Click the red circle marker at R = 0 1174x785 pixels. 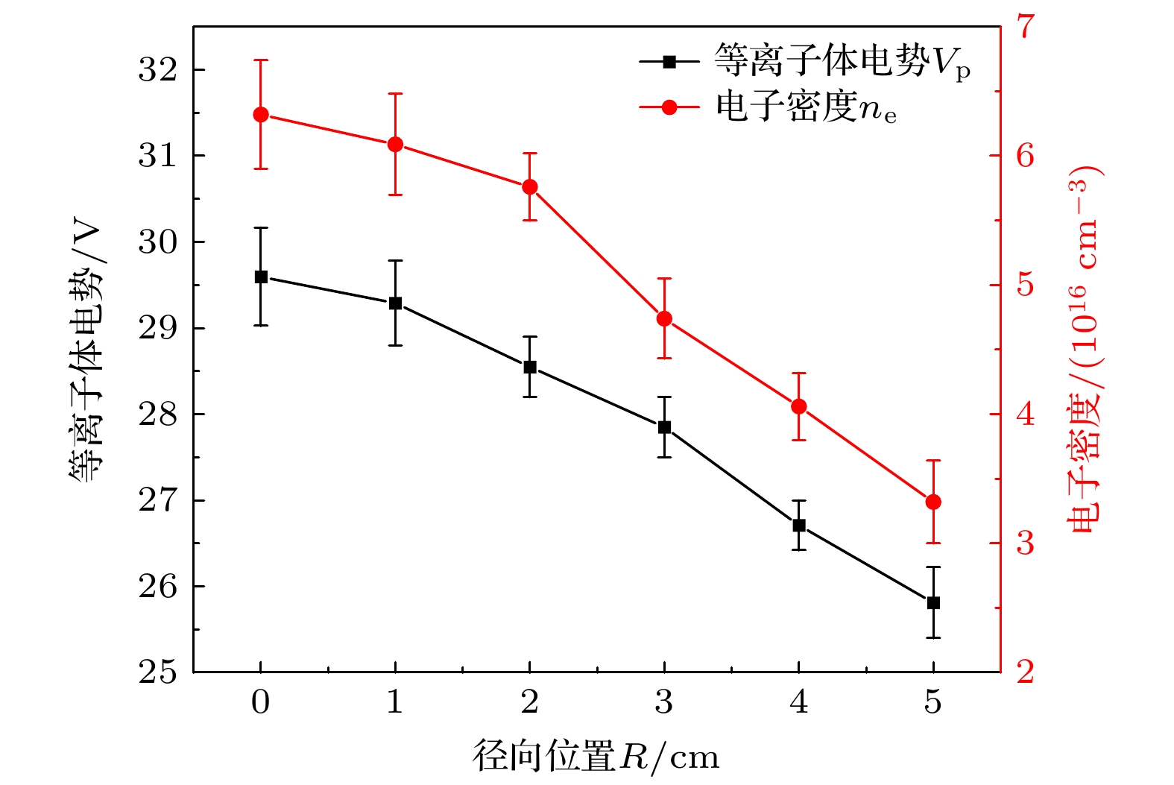pyautogui.click(x=261, y=115)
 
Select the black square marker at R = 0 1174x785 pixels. pyautogui.click(x=261, y=277)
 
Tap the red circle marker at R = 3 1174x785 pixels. pyautogui.click(x=664, y=319)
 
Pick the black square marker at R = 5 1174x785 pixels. pyautogui.click(x=933, y=603)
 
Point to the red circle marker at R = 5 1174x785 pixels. pyautogui.click(x=933, y=502)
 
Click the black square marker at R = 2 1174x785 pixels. pyautogui.click(x=530, y=368)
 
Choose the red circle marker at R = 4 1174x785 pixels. pyautogui.click(x=799, y=406)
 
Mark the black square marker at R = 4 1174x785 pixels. pyautogui.click(x=799, y=526)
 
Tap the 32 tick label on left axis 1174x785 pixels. pyautogui.click(x=158, y=70)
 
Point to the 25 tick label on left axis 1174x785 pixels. pyautogui.click(x=158, y=672)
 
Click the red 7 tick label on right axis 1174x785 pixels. pyautogui.click(x=1026, y=26)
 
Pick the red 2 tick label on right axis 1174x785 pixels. pyautogui.click(x=1026, y=672)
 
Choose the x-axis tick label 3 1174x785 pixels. pyautogui.click(x=664, y=702)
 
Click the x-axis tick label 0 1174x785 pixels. pyautogui.click(x=261, y=702)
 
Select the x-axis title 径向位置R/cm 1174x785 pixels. pyautogui.click(x=596, y=757)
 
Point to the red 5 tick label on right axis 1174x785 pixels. pyautogui.click(x=1026, y=286)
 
